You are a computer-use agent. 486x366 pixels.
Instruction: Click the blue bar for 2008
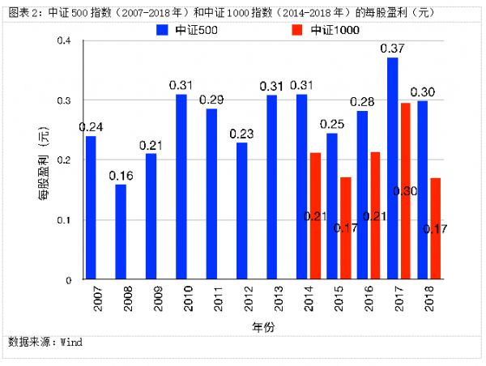coord(121,232)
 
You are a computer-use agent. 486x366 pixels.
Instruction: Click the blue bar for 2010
coord(181,187)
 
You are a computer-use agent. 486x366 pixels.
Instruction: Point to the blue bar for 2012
coord(241,211)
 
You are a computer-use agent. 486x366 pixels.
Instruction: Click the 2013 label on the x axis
coord(272,301)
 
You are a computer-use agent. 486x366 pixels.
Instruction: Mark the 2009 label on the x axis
coord(151,301)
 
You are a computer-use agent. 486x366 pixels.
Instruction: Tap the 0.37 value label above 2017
coord(393,49)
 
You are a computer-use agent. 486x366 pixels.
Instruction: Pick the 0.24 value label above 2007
coord(91,127)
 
